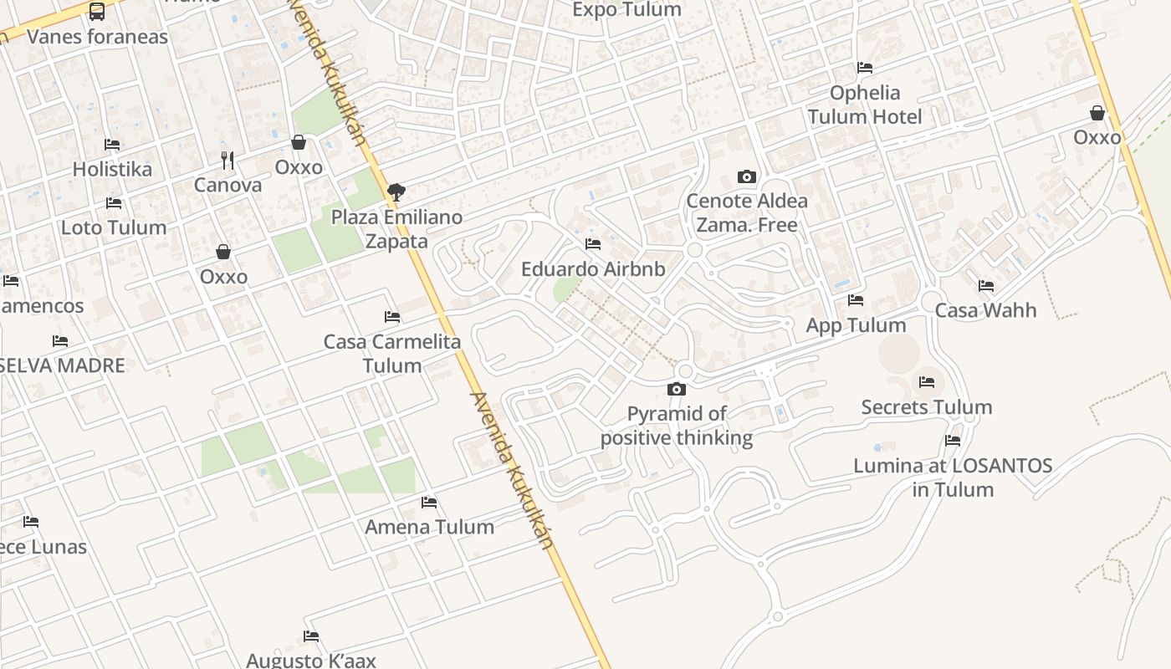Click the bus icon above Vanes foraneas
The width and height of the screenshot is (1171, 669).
point(97,12)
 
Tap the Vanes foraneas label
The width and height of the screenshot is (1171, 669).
point(97,37)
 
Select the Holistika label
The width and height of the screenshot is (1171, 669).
point(112,169)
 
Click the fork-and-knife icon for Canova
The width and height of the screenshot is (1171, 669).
point(228,160)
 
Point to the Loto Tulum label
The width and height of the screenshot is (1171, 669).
point(114,227)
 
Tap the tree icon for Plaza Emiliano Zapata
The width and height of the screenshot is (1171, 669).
point(396,192)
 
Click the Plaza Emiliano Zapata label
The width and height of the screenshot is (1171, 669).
point(396,229)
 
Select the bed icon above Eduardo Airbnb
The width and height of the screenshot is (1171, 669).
point(593,244)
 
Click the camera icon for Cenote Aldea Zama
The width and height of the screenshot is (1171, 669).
point(747,176)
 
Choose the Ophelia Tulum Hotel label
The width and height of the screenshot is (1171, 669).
point(865,105)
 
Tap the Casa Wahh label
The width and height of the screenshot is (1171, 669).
point(985,310)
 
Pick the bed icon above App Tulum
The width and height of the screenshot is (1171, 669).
point(855,299)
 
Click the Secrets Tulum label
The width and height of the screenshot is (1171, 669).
point(927,407)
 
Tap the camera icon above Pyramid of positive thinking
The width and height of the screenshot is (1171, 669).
point(677,389)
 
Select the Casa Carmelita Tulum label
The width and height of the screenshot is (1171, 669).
point(392,354)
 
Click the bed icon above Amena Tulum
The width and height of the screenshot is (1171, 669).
point(429,503)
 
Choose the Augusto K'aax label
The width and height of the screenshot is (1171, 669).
point(311,660)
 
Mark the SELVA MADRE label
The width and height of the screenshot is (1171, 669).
point(62,365)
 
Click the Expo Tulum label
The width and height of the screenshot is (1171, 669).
point(626,9)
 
